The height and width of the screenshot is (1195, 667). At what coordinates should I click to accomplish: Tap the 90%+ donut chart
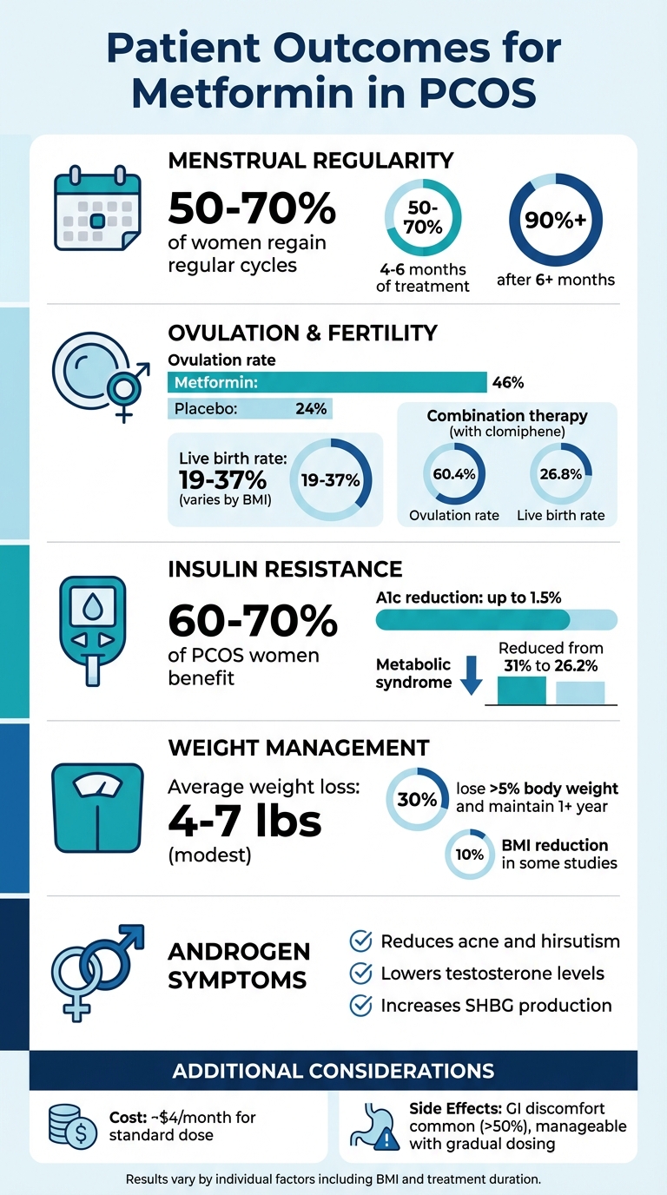(x=555, y=221)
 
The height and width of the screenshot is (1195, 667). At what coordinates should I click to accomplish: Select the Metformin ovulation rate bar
(x=327, y=382)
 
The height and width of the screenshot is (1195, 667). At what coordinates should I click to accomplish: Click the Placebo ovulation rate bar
(x=249, y=408)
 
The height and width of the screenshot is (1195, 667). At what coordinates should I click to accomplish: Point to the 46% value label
(x=508, y=382)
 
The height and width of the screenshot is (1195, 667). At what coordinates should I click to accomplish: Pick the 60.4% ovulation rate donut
(x=453, y=474)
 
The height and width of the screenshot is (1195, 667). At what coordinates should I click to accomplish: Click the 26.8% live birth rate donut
(x=560, y=474)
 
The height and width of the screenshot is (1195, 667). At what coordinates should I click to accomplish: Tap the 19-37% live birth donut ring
(x=331, y=479)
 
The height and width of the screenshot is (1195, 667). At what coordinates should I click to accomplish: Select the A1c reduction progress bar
(x=496, y=619)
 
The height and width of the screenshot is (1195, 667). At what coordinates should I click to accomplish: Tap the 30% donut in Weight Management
(x=416, y=799)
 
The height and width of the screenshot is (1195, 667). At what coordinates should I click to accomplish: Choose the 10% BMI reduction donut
(x=470, y=855)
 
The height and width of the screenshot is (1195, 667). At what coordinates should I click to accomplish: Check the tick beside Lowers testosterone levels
(x=360, y=974)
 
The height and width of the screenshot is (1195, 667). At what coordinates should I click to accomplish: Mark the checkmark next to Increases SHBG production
(x=360, y=1006)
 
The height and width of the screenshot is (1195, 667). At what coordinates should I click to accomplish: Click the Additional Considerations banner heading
(x=333, y=1070)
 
